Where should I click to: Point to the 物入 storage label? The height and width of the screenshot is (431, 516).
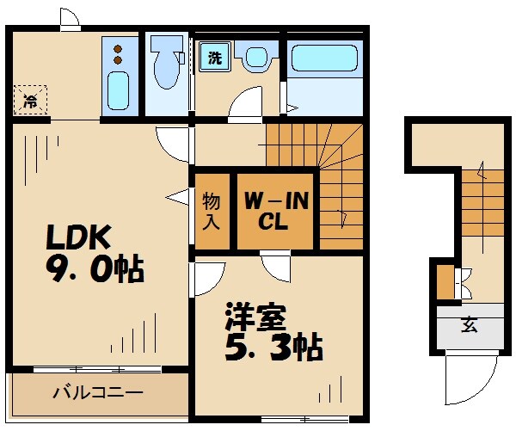pyautogui.click(x=212, y=212)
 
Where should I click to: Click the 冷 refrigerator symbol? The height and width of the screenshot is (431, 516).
pyautogui.click(x=30, y=102)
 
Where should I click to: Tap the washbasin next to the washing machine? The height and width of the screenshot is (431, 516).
pyautogui.click(x=255, y=58)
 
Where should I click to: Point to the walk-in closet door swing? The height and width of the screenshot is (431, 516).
pyautogui.click(x=278, y=266)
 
